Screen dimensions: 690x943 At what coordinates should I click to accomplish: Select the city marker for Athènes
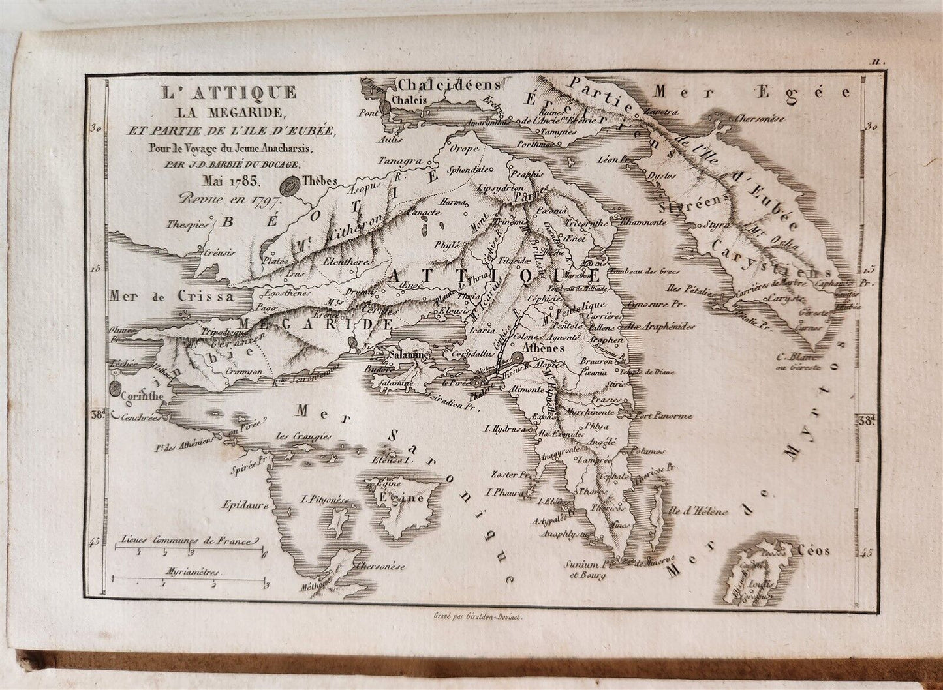(x=518, y=357)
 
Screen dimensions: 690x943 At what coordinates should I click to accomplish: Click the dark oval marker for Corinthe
(x=116, y=390)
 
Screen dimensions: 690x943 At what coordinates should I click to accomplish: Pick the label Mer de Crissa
(x=172, y=297)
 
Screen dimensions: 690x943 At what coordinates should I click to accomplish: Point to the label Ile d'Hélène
(x=698, y=512)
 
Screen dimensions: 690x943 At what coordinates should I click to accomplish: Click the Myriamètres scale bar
(x=189, y=578)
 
